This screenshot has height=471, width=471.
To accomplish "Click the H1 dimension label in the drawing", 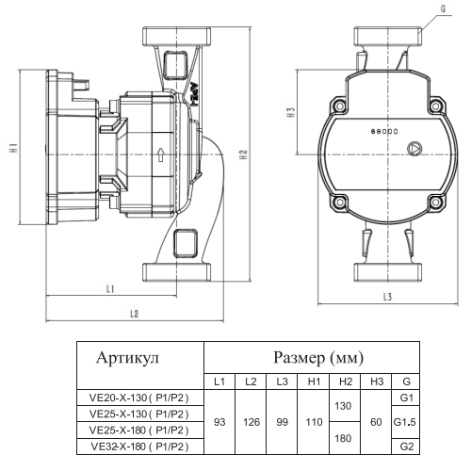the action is coord(13,148).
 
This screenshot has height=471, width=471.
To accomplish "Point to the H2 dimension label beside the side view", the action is coord(243,154).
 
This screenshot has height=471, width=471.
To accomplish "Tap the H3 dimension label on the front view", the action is coord(291,112).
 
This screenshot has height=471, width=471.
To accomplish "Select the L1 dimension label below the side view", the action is coord(110,288).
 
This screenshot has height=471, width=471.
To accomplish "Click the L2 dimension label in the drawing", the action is coord(134,314).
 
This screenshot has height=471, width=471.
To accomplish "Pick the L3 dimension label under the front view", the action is coord(387,297).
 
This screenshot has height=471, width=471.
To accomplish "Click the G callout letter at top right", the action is coord(443,8).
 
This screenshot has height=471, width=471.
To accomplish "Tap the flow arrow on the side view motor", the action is coord(161,154).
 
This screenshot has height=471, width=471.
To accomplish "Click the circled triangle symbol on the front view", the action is coord(414,149).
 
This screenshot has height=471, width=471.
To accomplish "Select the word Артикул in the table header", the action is coord(128,358).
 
